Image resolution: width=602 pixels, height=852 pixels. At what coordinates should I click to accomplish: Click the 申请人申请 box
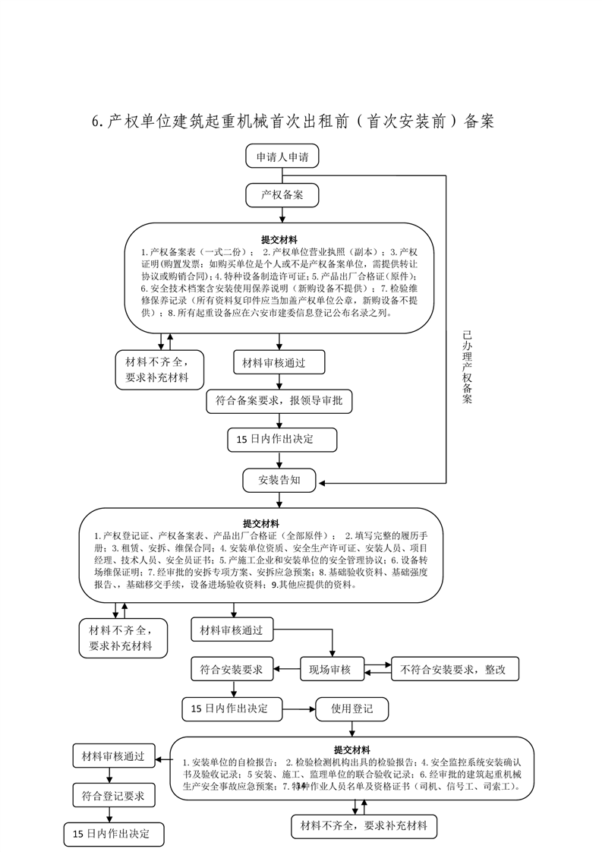tap(282, 157)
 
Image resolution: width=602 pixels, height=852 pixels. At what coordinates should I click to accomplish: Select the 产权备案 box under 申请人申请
tap(282, 195)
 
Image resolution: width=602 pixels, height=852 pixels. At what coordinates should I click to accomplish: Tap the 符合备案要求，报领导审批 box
tap(279, 400)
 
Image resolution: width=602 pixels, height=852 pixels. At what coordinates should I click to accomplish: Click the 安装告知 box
tap(279, 480)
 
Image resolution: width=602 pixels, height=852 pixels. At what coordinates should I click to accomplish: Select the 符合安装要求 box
tap(231, 669)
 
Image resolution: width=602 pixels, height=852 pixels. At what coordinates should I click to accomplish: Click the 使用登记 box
tap(352, 709)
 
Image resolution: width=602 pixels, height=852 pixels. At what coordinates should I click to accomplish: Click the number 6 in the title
tap(96, 121)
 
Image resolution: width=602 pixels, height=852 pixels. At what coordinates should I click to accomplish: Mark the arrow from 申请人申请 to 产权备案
tap(282, 176)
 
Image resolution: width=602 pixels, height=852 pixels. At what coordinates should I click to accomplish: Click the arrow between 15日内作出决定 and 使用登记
tap(297, 709)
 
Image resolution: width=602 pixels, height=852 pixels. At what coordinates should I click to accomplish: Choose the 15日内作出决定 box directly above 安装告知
tap(281, 439)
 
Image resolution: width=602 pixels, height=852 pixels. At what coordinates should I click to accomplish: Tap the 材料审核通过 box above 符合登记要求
tap(114, 756)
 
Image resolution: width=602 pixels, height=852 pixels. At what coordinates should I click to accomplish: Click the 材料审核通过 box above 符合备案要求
tap(274, 362)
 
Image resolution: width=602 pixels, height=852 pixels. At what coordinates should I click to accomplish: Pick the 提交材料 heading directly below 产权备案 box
tap(279, 238)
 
